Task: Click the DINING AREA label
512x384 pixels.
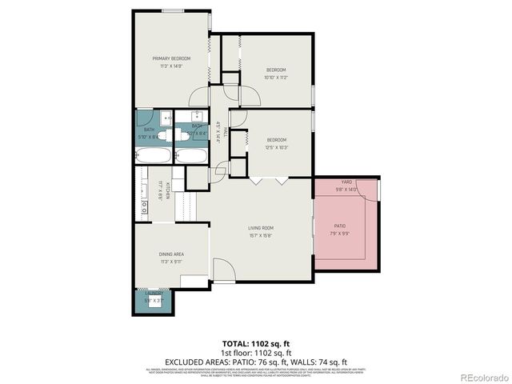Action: (172, 254)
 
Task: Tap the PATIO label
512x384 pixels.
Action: (340, 227)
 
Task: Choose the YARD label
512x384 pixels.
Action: (346, 182)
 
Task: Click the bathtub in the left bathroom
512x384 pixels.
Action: (153, 154)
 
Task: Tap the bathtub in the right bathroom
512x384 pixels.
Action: (191, 154)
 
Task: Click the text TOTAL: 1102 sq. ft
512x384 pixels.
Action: (256, 342)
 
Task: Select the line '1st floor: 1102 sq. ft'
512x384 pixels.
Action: (256, 351)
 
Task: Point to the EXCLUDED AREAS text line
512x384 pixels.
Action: (256, 361)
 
